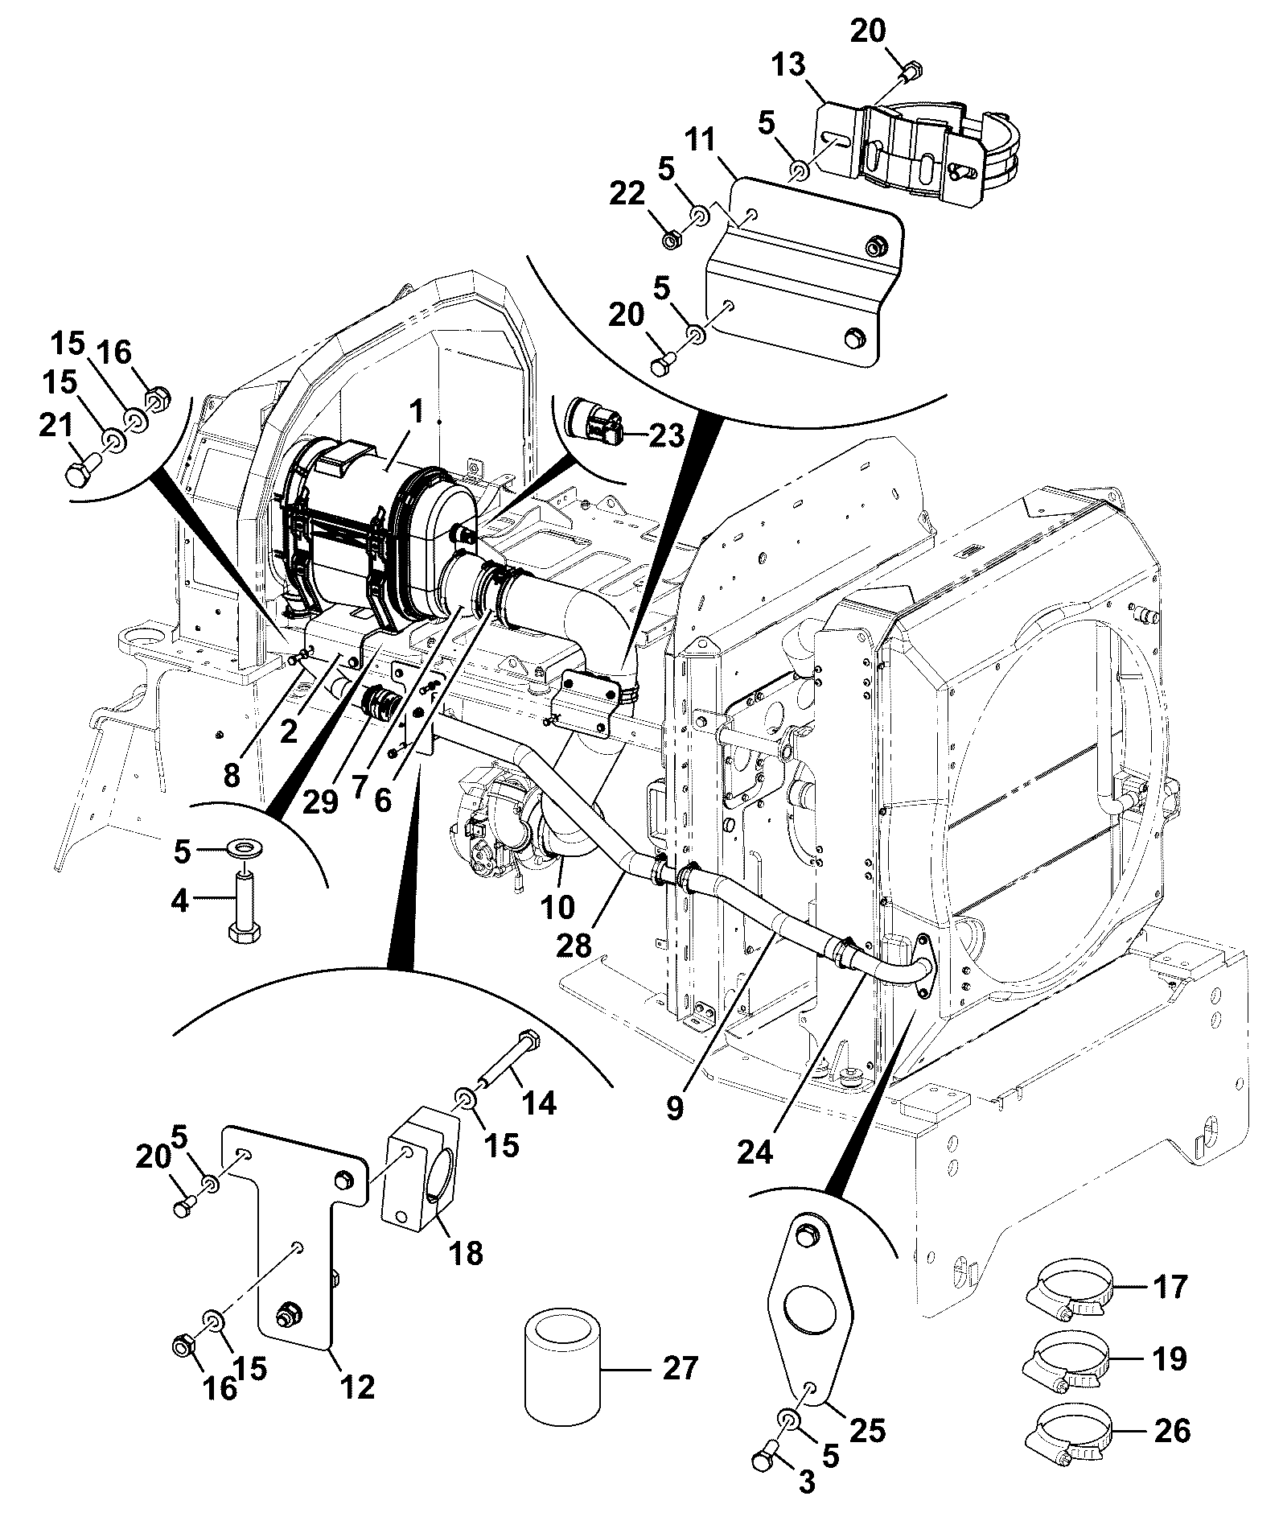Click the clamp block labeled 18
(423, 1164)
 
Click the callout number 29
(321, 802)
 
